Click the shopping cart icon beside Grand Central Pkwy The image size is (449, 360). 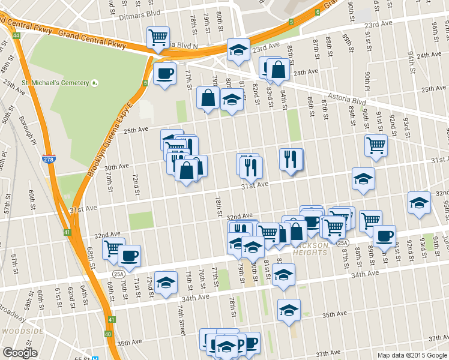pos(158,38)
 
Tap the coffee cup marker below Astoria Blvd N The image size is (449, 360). pos(164,74)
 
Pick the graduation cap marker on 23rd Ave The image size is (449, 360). pos(238,50)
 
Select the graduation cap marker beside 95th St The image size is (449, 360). pos(419,203)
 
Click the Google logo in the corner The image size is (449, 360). pos(20,353)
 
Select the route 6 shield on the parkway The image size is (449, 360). pos(317,11)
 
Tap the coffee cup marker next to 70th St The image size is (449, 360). pos(129,256)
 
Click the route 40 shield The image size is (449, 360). pos(108,334)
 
